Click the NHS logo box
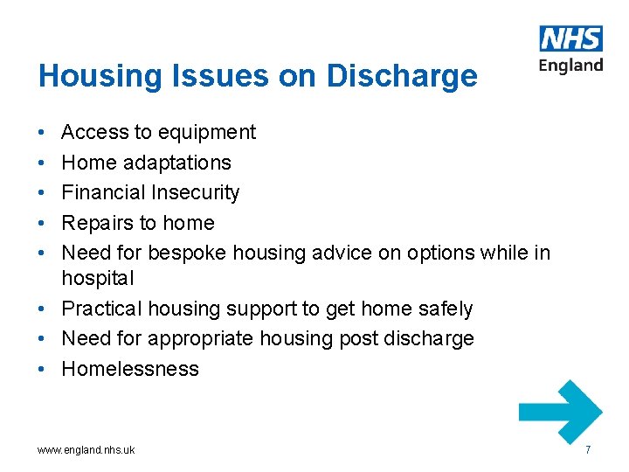(x=571, y=38)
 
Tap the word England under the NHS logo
(x=571, y=66)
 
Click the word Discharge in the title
(x=402, y=76)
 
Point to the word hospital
(x=98, y=279)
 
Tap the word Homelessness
(x=130, y=369)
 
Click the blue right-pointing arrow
(x=561, y=411)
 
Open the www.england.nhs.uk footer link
(x=86, y=450)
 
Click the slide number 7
(x=588, y=450)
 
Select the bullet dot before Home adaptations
(x=43, y=163)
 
